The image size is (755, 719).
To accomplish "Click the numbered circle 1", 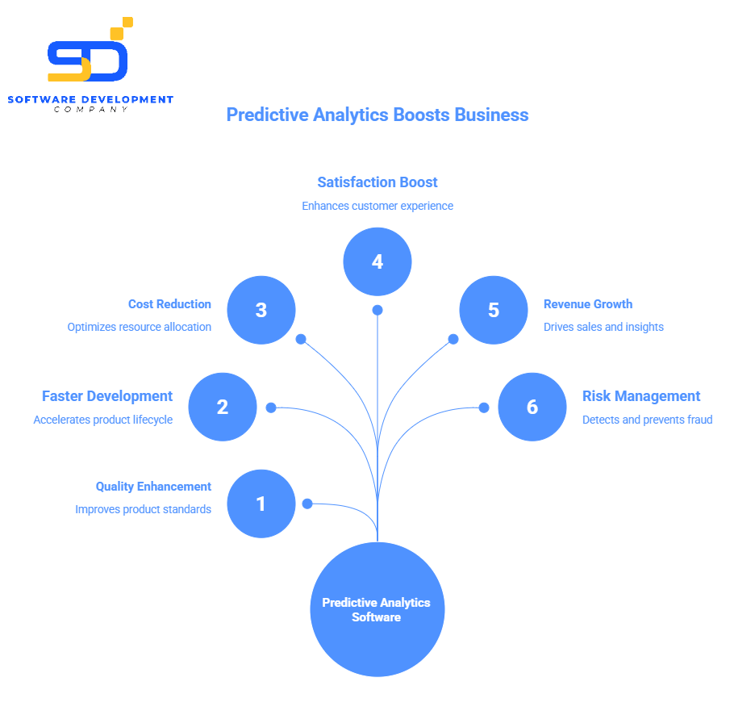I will pyautogui.click(x=261, y=504).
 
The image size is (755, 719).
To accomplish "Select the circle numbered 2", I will pyautogui.click(x=223, y=407).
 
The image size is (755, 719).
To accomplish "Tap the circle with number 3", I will pyautogui.click(x=261, y=310).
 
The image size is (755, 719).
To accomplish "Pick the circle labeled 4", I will pyautogui.click(x=377, y=261).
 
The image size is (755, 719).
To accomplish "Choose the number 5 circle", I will pyautogui.click(x=494, y=310).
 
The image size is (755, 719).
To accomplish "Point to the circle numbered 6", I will pyautogui.click(x=532, y=407).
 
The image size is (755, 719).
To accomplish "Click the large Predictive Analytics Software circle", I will pyautogui.click(x=377, y=609).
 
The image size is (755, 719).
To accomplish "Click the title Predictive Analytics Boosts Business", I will pyautogui.click(x=377, y=115).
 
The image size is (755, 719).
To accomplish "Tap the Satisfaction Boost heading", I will pyautogui.click(x=377, y=182).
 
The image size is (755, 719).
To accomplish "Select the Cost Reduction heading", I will pyautogui.click(x=169, y=304).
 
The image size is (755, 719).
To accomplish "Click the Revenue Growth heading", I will pyautogui.click(x=588, y=304).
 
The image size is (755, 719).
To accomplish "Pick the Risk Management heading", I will pyautogui.click(x=641, y=396).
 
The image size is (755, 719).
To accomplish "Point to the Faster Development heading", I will pyautogui.click(x=107, y=396).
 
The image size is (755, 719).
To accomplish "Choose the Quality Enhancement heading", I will pyautogui.click(x=153, y=487).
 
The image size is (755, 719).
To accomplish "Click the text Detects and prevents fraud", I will pyautogui.click(x=647, y=420).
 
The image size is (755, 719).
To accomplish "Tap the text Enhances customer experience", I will pyautogui.click(x=377, y=206).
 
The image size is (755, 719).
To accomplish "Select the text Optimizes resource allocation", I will pyautogui.click(x=139, y=328).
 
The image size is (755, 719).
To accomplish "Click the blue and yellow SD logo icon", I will pyautogui.click(x=89, y=53).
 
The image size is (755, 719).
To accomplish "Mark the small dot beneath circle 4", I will pyautogui.click(x=377, y=310).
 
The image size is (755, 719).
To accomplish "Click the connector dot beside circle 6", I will pyautogui.click(x=484, y=408).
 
